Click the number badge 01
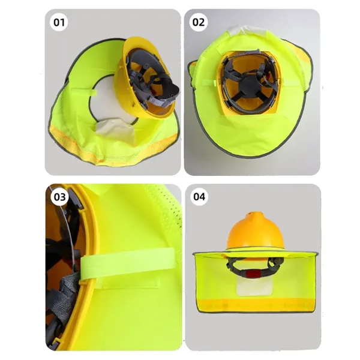click(60, 23)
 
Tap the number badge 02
click(199, 23)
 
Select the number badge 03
click(60, 197)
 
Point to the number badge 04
click(199, 197)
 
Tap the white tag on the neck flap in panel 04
click(250, 287)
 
